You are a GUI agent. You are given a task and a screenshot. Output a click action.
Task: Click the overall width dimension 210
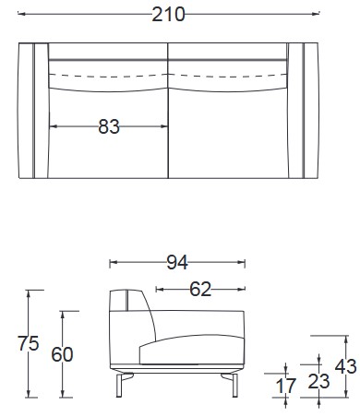click(170, 15)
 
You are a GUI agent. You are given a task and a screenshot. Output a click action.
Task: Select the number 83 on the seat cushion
click(109, 127)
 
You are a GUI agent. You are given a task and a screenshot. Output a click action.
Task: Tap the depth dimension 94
click(177, 263)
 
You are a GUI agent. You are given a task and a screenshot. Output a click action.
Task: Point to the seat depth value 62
click(200, 289)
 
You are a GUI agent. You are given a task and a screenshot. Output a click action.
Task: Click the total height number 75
click(28, 343)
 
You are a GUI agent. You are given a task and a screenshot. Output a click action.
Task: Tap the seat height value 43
click(345, 366)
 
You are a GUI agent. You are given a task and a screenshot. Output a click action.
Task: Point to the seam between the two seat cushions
click(169, 120)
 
